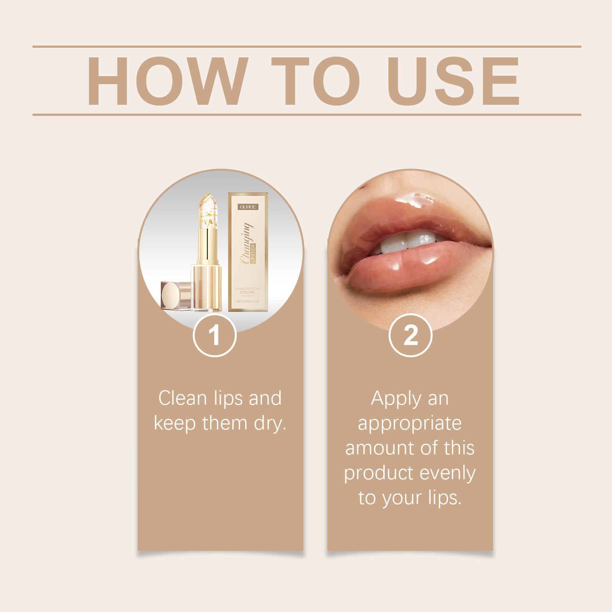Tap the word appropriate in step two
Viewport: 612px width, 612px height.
click(x=410, y=424)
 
